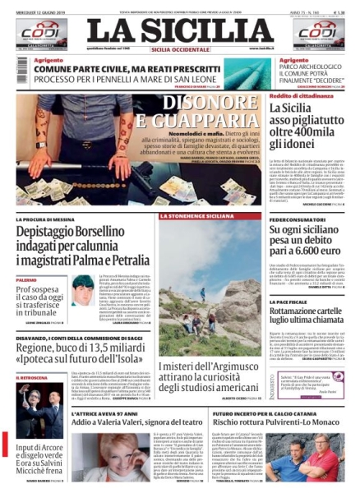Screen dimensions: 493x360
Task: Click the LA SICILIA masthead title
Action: click(x=180, y=31)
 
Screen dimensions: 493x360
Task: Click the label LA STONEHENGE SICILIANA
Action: click(x=185, y=216)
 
